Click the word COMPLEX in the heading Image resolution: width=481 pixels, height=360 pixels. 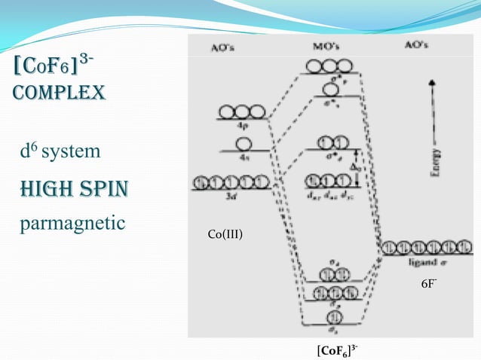(x=57, y=93)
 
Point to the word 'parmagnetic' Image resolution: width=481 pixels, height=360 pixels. (x=71, y=224)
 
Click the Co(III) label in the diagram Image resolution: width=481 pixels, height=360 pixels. (x=225, y=234)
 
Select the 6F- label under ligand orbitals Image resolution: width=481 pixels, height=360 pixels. (x=428, y=284)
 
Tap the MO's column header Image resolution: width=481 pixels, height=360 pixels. (x=328, y=45)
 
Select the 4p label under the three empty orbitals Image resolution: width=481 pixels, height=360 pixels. (x=240, y=125)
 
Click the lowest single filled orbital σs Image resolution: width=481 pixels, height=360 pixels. (x=332, y=315)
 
